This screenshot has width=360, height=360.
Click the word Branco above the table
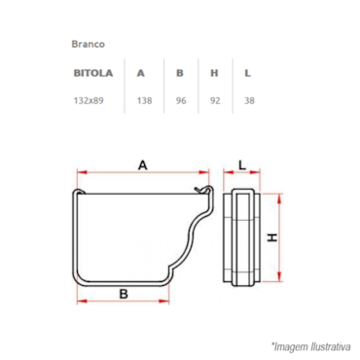pyautogui.click(x=88, y=44)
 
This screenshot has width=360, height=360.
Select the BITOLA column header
pyautogui.click(x=93, y=73)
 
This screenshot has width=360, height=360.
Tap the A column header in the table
pyautogui.click(x=140, y=73)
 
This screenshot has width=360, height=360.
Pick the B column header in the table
pyautogui.click(x=180, y=73)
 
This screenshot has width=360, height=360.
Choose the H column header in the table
pyautogui.click(x=214, y=73)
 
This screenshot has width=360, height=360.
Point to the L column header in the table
pyautogui.click(x=247, y=73)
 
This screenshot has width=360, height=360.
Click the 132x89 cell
pyautogui.click(x=89, y=100)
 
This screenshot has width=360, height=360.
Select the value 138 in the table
pyautogui.click(x=144, y=100)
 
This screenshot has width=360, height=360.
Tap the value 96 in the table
pyautogui.click(x=181, y=100)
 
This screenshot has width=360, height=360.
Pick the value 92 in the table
pyautogui.click(x=215, y=100)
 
